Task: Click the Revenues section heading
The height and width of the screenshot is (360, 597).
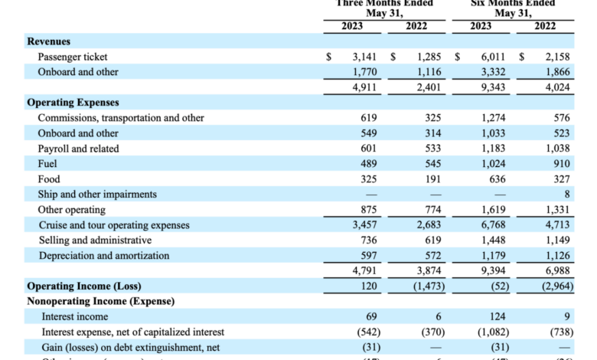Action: (x=49, y=41)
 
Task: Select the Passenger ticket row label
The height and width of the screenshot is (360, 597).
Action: (x=73, y=57)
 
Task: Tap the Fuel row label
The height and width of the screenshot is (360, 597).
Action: (x=47, y=164)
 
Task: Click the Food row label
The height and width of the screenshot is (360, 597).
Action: (x=49, y=179)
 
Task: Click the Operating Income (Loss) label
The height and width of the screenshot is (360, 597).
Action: (x=84, y=286)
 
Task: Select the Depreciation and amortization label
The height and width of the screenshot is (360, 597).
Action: (x=103, y=256)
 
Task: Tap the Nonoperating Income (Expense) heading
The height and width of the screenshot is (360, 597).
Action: (x=100, y=301)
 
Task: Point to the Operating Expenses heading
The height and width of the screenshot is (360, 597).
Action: (x=73, y=103)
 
